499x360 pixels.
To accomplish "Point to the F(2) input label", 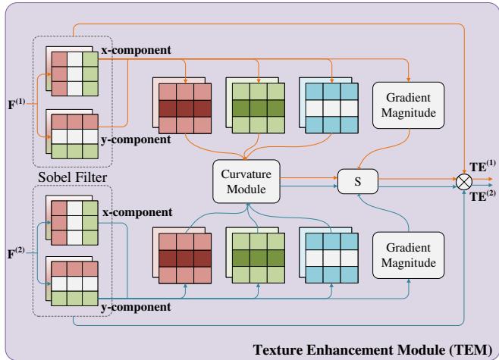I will click(14, 246).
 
